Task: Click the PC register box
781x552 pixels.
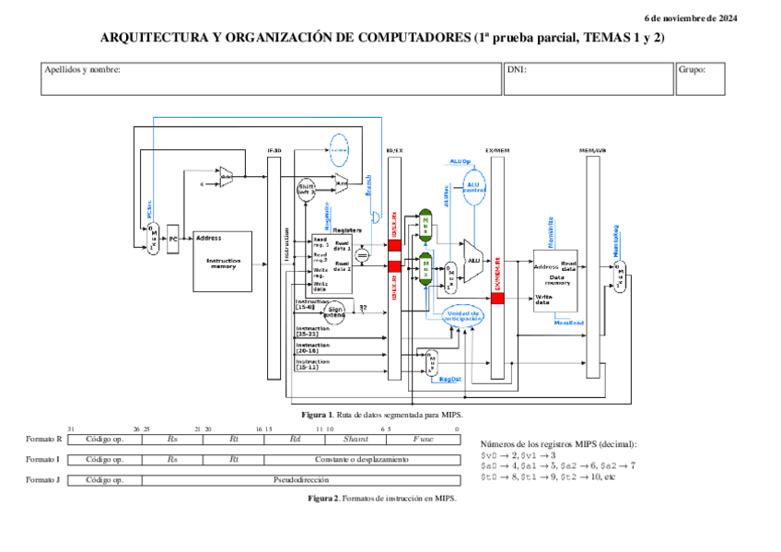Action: click(172, 239)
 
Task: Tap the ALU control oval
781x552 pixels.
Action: click(473, 187)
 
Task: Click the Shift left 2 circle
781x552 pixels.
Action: click(306, 190)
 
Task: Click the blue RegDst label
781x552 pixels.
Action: click(449, 379)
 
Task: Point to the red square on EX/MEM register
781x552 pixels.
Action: click(497, 299)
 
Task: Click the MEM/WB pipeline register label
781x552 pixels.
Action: click(592, 150)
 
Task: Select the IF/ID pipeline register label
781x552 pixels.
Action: click(274, 150)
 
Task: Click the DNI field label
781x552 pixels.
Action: click(517, 69)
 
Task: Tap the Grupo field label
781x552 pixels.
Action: click(692, 69)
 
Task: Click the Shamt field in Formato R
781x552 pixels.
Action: click(356, 440)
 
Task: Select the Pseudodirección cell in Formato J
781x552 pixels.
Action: click(301, 479)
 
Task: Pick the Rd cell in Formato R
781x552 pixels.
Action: click(295, 440)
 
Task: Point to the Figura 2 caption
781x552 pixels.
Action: click(381, 498)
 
